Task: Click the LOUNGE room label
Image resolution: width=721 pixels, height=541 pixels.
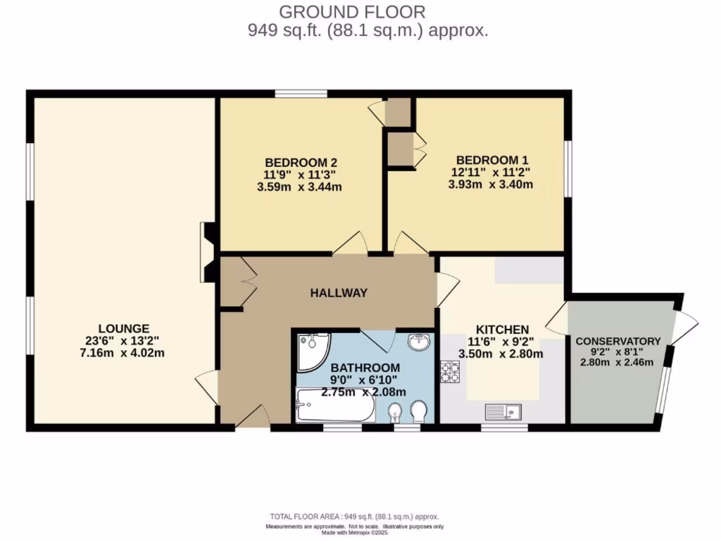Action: pyautogui.click(x=123, y=328)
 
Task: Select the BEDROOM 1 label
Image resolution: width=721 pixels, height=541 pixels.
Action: pyautogui.click(x=491, y=160)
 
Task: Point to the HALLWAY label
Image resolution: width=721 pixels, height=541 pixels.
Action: pyautogui.click(x=339, y=293)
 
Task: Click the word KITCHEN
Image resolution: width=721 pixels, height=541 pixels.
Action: pyautogui.click(x=502, y=330)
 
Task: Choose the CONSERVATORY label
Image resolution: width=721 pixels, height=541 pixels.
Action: pyautogui.click(x=617, y=341)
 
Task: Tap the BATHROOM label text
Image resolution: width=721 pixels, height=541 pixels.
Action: pyautogui.click(x=365, y=368)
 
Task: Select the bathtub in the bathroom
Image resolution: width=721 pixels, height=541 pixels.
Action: pyautogui.click(x=335, y=406)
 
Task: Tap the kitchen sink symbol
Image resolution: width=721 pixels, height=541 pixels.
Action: pyautogui.click(x=502, y=410)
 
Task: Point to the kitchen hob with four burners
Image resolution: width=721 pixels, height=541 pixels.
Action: pyautogui.click(x=449, y=371)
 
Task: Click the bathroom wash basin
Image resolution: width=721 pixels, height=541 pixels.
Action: pyautogui.click(x=420, y=342)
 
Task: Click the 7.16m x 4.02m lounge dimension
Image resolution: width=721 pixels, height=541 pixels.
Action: pyautogui.click(x=123, y=354)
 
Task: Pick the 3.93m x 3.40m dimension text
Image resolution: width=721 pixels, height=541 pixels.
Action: pyautogui.click(x=491, y=185)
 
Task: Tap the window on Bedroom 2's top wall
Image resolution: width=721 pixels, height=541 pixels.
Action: pyautogui.click(x=301, y=94)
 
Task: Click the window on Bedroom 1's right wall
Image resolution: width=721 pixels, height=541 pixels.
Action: pyautogui.click(x=568, y=169)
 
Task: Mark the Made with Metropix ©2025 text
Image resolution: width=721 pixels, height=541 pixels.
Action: pyautogui.click(x=354, y=532)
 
